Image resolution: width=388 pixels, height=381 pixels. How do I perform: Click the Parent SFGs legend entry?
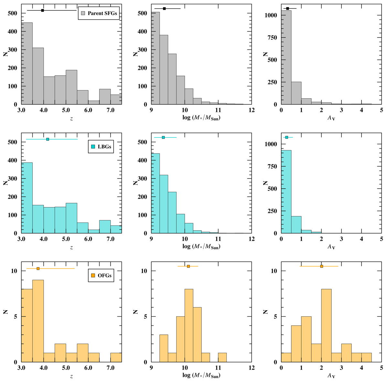[x=99, y=13]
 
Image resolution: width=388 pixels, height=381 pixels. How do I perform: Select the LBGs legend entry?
[x=101, y=147]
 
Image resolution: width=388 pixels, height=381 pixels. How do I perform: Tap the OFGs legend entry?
[x=101, y=276]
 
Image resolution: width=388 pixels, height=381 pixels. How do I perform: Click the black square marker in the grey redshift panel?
[x=42, y=10]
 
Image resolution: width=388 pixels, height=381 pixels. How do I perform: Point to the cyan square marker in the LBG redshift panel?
[x=48, y=139]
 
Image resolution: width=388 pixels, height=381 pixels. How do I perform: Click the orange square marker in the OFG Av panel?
[x=321, y=266]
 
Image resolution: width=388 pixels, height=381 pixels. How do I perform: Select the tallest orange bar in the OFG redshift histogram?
[x=38, y=321]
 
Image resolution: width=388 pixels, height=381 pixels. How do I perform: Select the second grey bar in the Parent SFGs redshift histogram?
[x=38, y=76]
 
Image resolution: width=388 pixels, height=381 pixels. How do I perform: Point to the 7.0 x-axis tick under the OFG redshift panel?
[x=110, y=368]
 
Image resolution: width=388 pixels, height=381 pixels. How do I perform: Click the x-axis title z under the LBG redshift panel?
[x=71, y=247]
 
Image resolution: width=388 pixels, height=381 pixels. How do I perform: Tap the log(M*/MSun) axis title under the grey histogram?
[x=201, y=118]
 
